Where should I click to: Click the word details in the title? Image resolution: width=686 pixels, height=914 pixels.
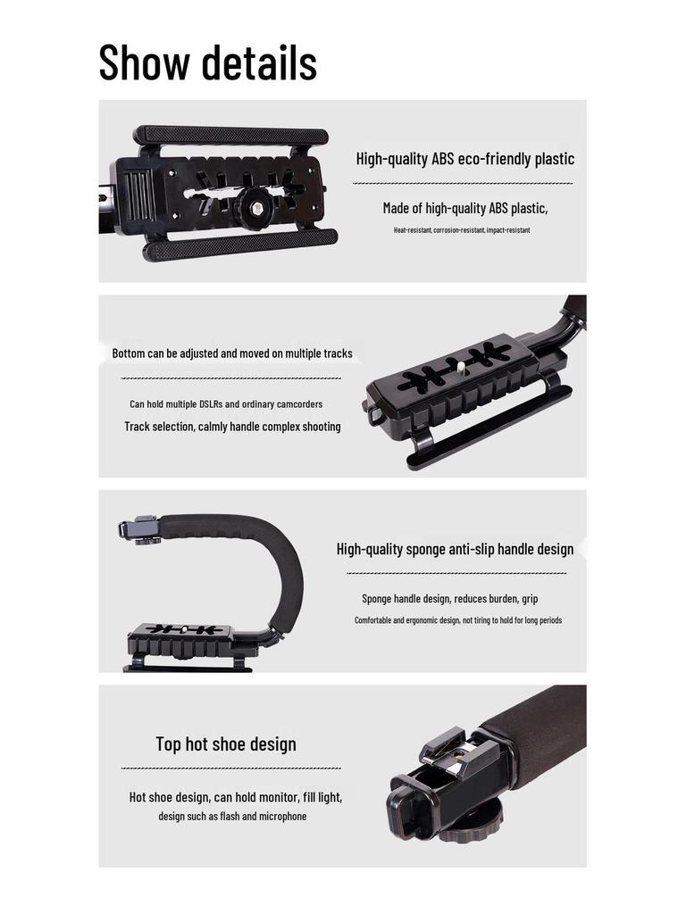pos(259,62)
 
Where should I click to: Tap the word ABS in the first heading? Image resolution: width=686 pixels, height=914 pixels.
pos(442,160)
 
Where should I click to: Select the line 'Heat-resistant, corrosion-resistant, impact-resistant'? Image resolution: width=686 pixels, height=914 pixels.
pos(462,230)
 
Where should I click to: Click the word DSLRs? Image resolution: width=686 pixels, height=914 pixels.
pos(204,404)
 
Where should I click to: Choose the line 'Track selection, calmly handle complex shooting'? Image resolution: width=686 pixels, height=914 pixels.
pos(232,427)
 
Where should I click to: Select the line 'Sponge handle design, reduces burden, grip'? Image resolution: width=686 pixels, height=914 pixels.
pos(449,599)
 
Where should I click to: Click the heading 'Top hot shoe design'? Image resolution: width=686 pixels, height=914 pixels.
pos(226,744)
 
